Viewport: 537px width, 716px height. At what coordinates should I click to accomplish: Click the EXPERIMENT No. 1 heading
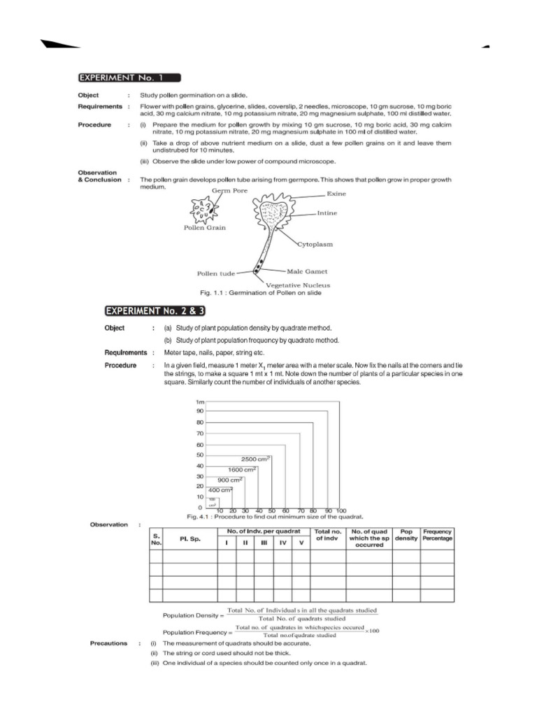point(129,78)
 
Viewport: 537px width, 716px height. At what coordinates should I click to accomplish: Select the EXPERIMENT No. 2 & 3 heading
point(155,310)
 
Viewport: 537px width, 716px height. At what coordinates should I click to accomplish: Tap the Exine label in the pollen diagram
point(336,194)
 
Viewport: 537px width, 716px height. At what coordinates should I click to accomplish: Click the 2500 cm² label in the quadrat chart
point(255,459)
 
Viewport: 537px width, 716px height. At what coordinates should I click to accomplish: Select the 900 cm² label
point(229,480)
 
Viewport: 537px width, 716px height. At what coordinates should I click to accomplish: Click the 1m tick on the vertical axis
point(198,402)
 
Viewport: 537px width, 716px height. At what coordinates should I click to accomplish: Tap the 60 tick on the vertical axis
point(199,445)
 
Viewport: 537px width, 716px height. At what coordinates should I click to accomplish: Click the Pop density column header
point(406,535)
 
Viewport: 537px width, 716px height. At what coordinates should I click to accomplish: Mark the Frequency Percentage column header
point(438,535)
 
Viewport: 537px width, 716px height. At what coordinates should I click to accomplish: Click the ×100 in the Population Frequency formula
point(372,631)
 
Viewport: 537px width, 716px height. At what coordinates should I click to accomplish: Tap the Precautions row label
point(108,643)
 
